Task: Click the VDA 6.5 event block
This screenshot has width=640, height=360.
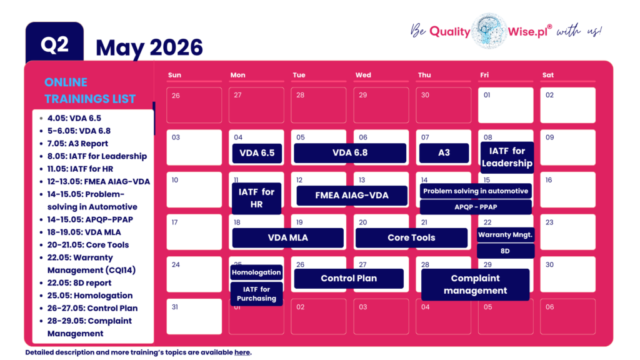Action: pyautogui.click(x=257, y=153)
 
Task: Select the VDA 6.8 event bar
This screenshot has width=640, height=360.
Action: pyautogui.click(x=350, y=153)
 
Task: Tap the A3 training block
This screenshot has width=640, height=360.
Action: pyautogui.click(x=444, y=153)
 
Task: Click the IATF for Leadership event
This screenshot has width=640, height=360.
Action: pyautogui.click(x=507, y=157)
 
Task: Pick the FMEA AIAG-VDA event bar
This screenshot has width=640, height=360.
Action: pyautogui.click(x=351, y=195)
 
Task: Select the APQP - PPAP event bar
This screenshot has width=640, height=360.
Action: pyautogui.click(x=476, y=207)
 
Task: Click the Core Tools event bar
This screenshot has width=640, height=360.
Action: pyautogui.click(x=411, y=237)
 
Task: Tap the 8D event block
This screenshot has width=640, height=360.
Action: pyautogui.click(x=506, y=251)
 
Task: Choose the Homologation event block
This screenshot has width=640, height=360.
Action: pyautogui.click(x=257, y=272)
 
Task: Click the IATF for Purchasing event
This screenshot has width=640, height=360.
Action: pyautogui.click(x=257, y=294)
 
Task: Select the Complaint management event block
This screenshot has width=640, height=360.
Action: pyautogui.click(x=475, y=284)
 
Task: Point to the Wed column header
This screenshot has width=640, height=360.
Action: pyautogui.click(x=363, y=75)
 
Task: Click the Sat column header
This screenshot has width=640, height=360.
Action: pyautogui.click(x=548, y=75)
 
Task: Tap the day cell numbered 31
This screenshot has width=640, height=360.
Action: pyautogui.click(x=194, y=316)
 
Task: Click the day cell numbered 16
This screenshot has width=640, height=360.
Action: pyautogui.click(x=567, y=189)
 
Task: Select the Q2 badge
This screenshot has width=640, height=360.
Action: pyautogui.click(x=54, y=45)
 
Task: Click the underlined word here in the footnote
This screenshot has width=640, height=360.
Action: pyautogui.click(x=242, y=352)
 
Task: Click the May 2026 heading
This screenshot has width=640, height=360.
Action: pyautogui.click(x=149, y=47)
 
